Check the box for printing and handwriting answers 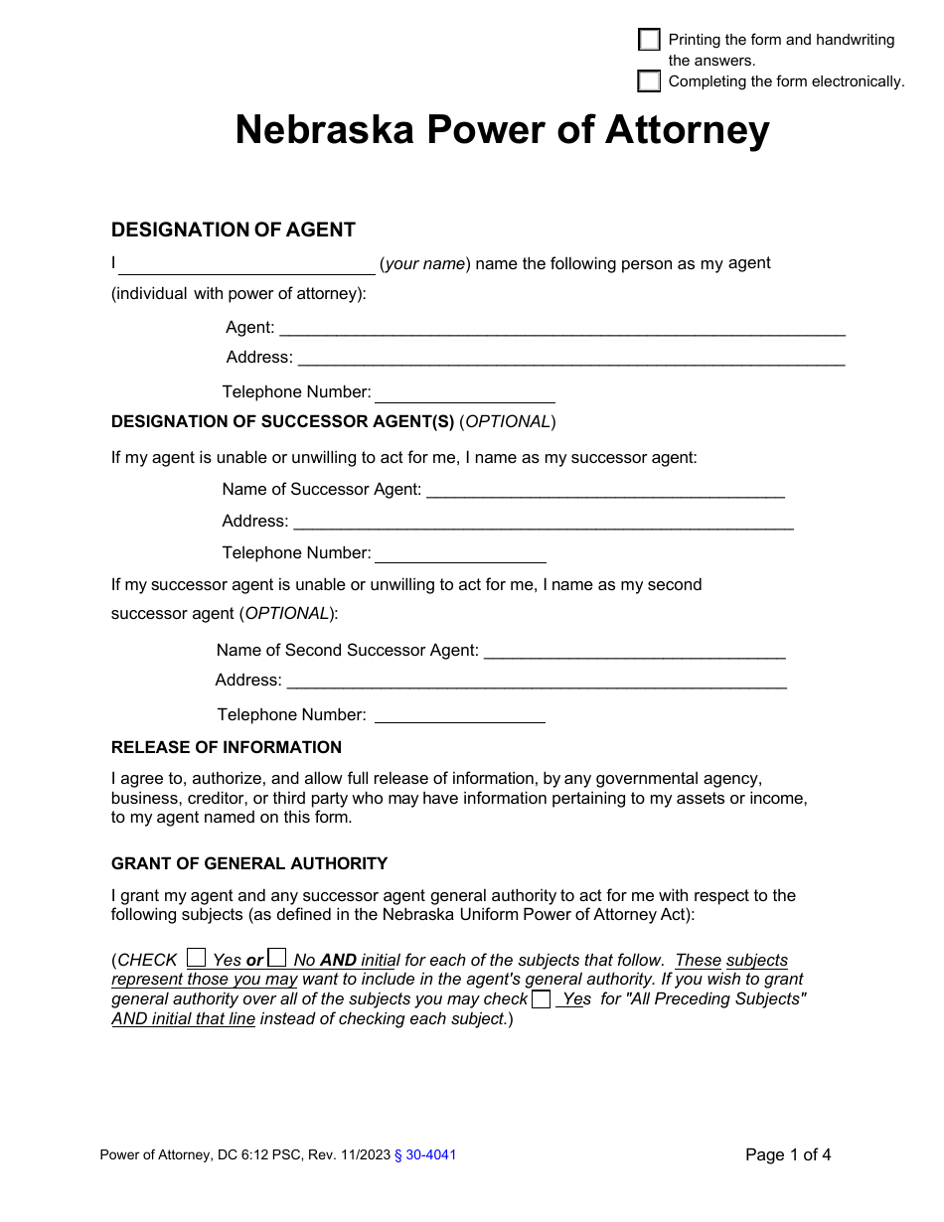coord(649,40)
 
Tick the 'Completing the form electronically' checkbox coord(649,80)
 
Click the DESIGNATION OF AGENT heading coord(233,229)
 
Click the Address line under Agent coord(571,359)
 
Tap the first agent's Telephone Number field coord(464,393)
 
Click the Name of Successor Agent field coord(605,490)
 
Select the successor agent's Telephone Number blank coord(460,554)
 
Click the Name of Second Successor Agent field coord(634,651)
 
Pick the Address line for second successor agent coord(537,682)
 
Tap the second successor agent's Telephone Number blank coord(459,715)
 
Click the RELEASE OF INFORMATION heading coord(226,747)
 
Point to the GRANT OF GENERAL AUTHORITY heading coord(249,863)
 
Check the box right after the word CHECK coord(197,958)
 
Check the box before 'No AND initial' coord(278,958)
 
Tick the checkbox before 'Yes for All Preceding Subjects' coord(541,998)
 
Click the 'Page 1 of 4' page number coord(788,1154)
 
